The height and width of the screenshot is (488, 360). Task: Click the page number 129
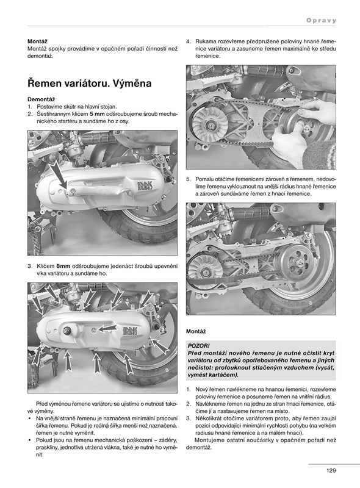(x=331, y=470)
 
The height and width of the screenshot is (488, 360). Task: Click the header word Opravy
(x=322, y=21)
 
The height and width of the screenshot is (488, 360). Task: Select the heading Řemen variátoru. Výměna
(x=90, y=83)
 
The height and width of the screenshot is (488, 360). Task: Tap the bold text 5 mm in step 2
(x=97, y=114)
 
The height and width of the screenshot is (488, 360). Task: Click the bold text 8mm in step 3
(x=63, y=267)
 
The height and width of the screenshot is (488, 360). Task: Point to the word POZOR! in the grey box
(x=199, y=346)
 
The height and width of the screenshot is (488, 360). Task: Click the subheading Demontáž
(x=41, y=99)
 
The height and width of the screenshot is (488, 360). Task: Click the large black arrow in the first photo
(x=59, y=174)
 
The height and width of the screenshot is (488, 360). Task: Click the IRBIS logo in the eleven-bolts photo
(x=130, y=331)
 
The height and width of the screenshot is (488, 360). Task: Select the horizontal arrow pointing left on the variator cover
(x=107, y=328)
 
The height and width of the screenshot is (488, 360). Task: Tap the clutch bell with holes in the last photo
(x=295, y=261)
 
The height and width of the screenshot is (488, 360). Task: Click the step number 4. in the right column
(x=189, y=41)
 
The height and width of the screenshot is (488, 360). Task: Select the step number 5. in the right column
(x=189, y=179)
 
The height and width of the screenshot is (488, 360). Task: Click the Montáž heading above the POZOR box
(x=196, y=331)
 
